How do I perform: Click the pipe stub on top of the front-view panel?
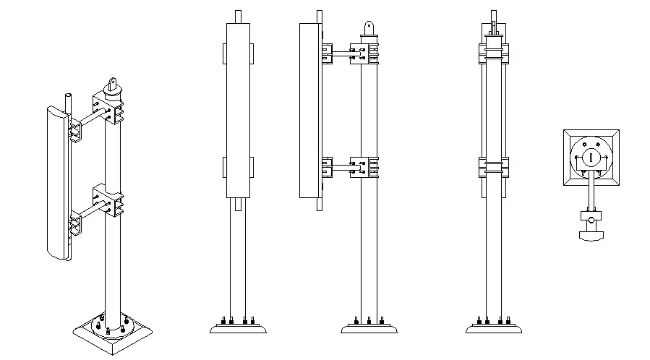(x=238, y=16)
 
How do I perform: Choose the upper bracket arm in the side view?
(x=340, y=52)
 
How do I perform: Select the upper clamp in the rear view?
(x=494, y=53)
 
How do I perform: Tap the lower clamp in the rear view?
(x=494, y=167)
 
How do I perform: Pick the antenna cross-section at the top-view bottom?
(x=591, y=234)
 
